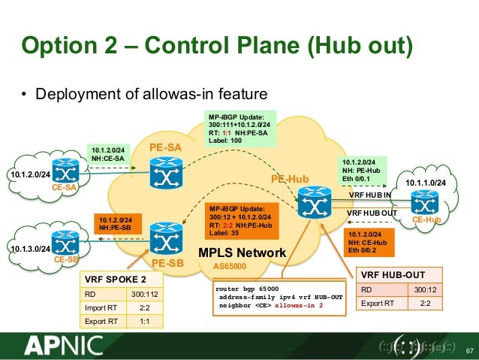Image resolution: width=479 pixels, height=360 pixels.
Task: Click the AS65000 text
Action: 230,266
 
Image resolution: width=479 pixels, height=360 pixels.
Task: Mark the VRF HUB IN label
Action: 371,195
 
